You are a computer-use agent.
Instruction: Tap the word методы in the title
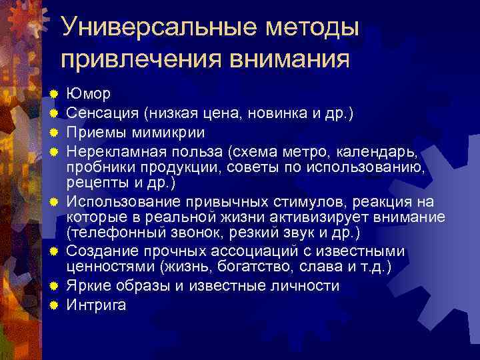point(308,28)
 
